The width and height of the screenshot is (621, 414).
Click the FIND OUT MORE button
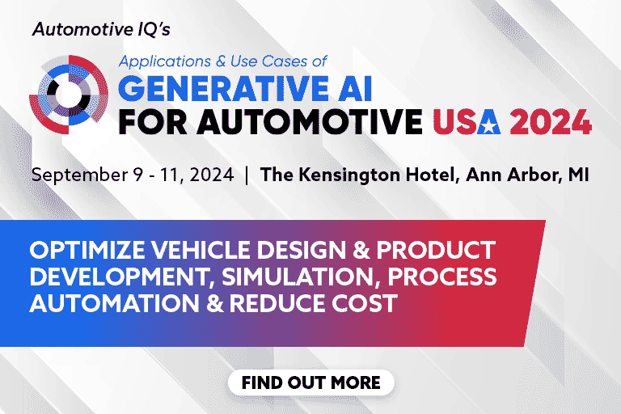tap(310, 382)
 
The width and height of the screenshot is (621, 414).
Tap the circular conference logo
tap(69, 95)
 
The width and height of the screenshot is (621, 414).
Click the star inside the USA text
tap(488, 124)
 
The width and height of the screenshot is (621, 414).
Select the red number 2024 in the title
tap(551, 122)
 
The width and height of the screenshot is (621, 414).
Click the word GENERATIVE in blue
tap(223, 88)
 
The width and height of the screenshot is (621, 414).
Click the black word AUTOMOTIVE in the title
tap(310, 122)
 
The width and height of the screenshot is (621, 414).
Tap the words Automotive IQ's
tap(101, 29)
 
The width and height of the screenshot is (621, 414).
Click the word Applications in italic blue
tap(165, 61)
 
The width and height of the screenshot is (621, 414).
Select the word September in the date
tap(79, 175)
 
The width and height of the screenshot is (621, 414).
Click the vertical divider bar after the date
tap(247, 175)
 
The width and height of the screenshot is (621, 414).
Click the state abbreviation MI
tap(579, 175)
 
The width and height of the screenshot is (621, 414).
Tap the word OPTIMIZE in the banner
tap(87, 250)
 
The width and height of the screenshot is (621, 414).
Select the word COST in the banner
tap(365, 303)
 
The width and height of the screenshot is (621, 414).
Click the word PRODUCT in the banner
tap(436, 250)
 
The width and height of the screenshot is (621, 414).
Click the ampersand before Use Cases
tap(221, 61)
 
